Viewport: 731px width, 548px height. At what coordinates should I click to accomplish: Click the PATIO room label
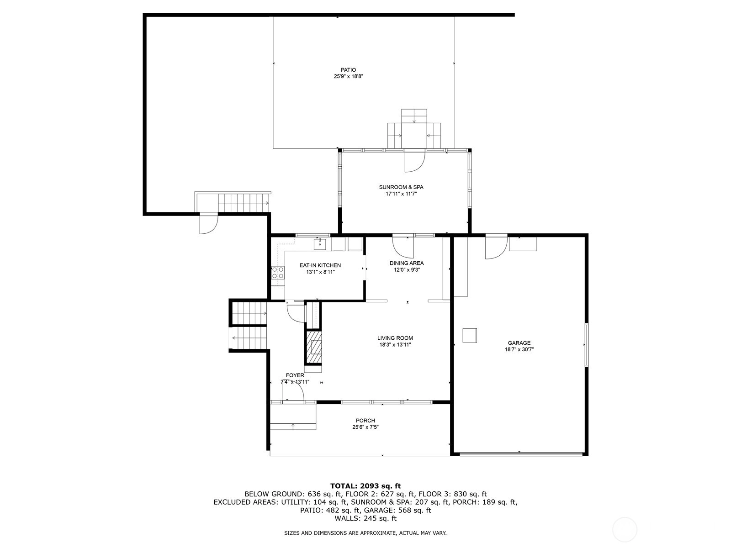point(348,70)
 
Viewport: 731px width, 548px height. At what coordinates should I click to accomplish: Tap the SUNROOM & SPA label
point(401,187)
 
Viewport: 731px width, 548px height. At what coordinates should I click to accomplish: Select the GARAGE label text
point(519,343)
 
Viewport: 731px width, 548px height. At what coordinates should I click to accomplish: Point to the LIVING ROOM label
point(395,338)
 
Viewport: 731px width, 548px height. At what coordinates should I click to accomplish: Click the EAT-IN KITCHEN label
point(320,265)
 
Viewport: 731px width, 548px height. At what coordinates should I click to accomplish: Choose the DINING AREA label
point(407,263)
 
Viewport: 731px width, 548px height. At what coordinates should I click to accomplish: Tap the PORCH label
point(365,421)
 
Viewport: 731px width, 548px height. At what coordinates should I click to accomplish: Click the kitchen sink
point(320,244)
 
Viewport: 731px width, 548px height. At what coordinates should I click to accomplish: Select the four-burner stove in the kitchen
point(278,273)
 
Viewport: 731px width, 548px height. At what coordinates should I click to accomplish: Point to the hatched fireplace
point(314,347)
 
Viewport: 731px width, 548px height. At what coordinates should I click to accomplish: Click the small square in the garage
point(469,335)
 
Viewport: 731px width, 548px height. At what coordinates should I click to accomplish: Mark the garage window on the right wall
point(587,345)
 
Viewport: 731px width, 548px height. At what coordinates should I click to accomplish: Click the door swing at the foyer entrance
point(293,391)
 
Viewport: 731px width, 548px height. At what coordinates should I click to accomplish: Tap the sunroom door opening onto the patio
point(415,161)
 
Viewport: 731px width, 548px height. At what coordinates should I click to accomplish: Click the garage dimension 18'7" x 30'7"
point(519,350)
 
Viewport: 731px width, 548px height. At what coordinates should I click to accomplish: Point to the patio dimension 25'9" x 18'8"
point(348,77)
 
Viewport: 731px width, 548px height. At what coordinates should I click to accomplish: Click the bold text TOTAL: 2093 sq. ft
point(365,486)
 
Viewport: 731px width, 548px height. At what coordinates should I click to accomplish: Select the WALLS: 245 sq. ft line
point(365,518)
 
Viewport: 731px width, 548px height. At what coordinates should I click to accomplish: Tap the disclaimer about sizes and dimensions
point(365,533)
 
